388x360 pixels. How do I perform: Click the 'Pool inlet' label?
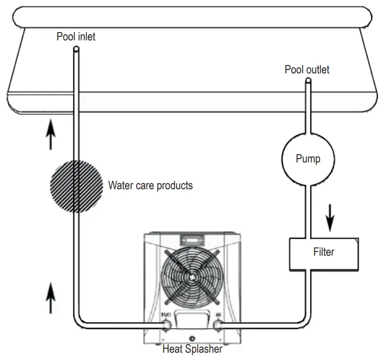tap(76, 37)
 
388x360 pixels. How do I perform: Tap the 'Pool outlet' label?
tap(307, 69)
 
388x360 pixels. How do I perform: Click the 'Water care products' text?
tap(150, 186)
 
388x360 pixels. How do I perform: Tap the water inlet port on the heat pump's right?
tap(219, 325)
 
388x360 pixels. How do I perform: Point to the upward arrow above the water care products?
tap(50, 134)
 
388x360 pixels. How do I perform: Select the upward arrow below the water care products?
tap(50, 297)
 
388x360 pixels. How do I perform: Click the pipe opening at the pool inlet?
tap(76, 48)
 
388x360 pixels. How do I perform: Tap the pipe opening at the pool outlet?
tap(308, 81)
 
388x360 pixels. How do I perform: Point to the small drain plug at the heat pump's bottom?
tap(193, 337)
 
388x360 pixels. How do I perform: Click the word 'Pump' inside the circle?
tap(307, 158)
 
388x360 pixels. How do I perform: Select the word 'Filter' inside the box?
tap(324, 252)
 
